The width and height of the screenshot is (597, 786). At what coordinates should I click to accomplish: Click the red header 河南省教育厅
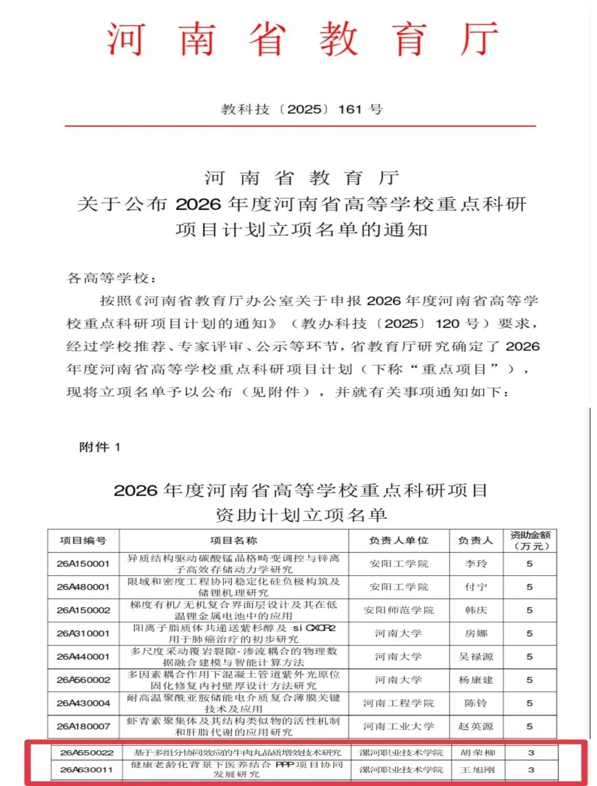point(302,40)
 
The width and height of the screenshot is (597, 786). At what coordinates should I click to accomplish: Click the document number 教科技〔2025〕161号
point(301,109)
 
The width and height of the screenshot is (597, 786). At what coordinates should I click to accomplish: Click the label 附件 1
point(99,447)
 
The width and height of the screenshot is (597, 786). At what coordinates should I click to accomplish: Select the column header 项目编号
point(83,541)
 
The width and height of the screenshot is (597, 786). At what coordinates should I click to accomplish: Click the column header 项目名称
point(234,541)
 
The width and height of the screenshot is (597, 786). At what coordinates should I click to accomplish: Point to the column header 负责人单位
point(399,541)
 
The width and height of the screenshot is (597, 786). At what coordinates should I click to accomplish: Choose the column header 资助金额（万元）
point(529,541)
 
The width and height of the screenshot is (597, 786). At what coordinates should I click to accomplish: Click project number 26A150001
point(83,563)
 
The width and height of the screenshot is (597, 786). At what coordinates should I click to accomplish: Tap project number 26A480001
point(83,587)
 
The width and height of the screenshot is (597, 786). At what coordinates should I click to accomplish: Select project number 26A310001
point(83,634)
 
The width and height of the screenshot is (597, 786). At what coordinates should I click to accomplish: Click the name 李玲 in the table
point(475,563)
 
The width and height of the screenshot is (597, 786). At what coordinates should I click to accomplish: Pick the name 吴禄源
point(475,657)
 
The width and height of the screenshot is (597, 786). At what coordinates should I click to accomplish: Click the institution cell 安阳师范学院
point(399,610)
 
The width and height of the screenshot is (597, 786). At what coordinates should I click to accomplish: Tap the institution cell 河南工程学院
point(399,703)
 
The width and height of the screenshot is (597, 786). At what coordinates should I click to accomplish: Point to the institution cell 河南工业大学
point(399,726)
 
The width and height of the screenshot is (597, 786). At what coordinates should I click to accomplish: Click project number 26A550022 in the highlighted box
point(87,752)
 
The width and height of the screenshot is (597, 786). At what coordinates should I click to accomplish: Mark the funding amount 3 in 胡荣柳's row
point(530,752)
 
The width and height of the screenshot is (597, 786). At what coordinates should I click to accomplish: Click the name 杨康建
point(475,680)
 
